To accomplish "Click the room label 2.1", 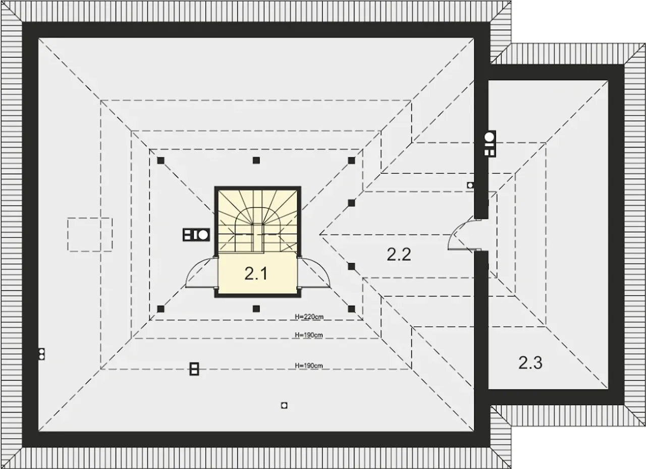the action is [x=256, y=274].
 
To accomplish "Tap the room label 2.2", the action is [x=399, y=254].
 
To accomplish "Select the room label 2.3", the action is [x=530, y=362].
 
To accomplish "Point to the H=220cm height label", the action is [x=309, y=317].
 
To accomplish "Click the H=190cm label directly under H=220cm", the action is [x=308, y=335].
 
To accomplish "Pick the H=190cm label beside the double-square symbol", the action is [x=308, y=366].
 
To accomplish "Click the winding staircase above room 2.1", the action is [x=257, y=222].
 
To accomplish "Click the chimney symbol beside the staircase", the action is [x=196, y=235].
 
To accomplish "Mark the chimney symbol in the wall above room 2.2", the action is [x=490, y=143].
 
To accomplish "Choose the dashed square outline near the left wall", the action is [x=90, y=234].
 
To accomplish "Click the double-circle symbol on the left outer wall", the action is [x=42, y=354].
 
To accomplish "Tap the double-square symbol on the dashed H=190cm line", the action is [x=194, y=369].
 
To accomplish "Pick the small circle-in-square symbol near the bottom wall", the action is [x=284, y=405].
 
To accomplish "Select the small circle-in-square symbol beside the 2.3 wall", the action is [x=470, y=185].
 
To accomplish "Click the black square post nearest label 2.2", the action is [x=351, y=266].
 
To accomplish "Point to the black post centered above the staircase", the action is [x=256, y=161].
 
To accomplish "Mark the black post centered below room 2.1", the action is [x=256, y=309].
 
